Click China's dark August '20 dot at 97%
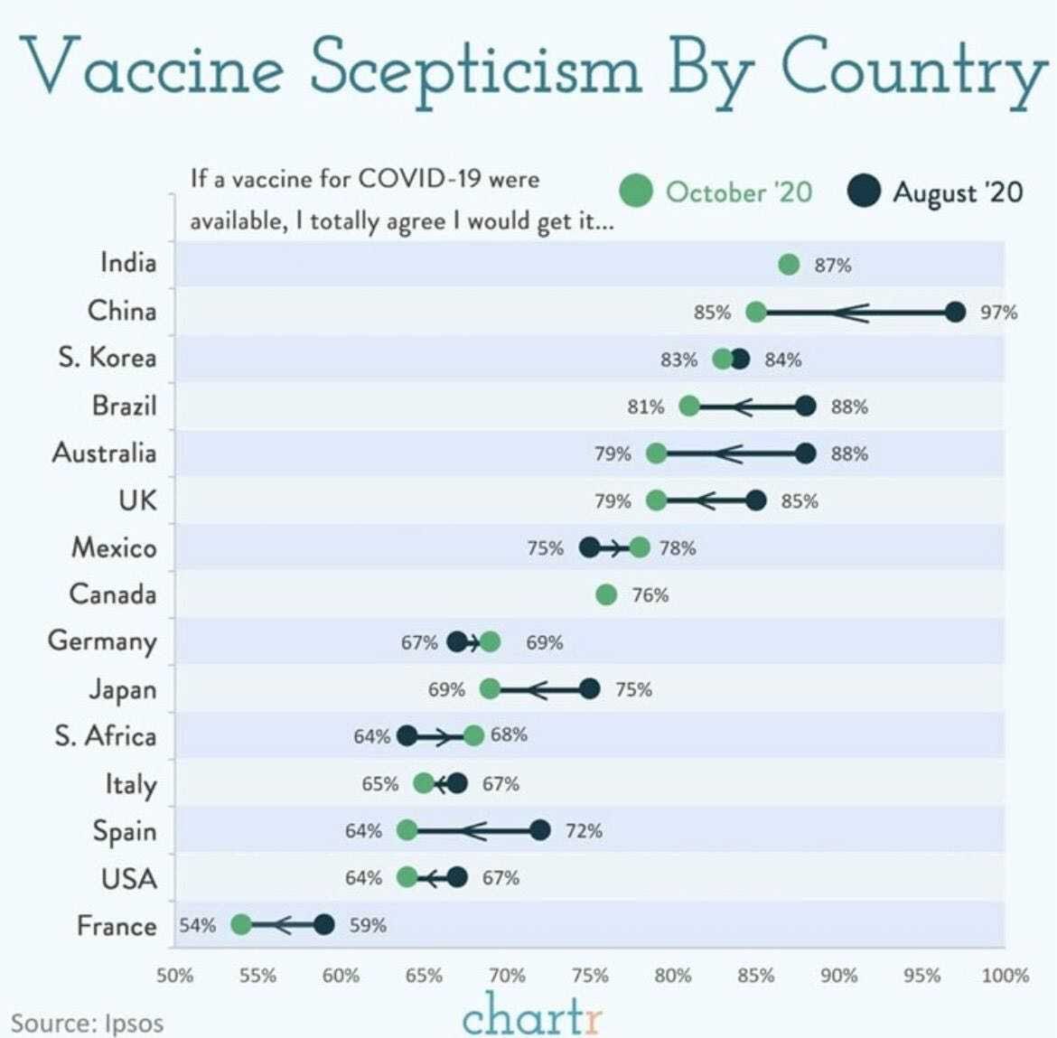(955, 313)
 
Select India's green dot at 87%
(789, 265)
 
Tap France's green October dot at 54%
(241, 925)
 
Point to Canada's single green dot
(606, 594)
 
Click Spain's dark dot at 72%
(540, 830)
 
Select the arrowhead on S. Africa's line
(445, 736)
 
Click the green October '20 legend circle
(636, 192)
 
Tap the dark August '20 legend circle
(864, 192)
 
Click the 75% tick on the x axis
(590, 976)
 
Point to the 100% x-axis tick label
(1005, 976)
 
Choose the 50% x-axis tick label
(175, 976)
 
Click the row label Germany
(102, 641)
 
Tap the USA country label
(129, 878)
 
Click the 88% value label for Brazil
(849, 407)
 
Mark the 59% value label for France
(368, 926)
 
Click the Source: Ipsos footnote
(88, 1024)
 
